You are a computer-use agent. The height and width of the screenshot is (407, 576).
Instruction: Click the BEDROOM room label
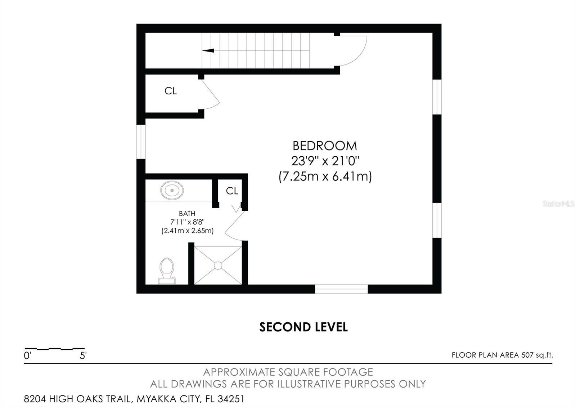click(325, 146)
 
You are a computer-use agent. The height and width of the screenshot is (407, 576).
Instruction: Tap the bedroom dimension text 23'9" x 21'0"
click(325, 161)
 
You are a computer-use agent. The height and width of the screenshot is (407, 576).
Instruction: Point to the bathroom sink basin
click(172, 191)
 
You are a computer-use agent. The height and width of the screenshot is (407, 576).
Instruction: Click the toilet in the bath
click(167, 271)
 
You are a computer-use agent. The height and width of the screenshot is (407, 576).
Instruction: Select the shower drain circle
click(218, 265)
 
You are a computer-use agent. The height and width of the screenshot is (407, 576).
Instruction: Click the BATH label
click(187, 214)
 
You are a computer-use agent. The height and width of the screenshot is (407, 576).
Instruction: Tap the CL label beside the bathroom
click(232, 191)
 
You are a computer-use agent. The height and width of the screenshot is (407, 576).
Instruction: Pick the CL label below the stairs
click(171, 91)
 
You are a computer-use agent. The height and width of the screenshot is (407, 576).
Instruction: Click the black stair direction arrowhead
click(208, 50)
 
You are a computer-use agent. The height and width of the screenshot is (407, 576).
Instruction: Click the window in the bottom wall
click(341, 289)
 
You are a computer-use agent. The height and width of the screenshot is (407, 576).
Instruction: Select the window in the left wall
click(141, 142)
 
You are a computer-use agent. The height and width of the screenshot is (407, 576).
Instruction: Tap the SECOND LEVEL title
click(303, 327)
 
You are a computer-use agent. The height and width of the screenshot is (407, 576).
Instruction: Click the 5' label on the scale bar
click(83, 355)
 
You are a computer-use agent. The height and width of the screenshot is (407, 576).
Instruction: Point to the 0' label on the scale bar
click(27, 355)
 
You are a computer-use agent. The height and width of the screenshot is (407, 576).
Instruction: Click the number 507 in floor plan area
click(527, 355)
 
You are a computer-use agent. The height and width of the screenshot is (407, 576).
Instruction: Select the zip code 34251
click(231, 399)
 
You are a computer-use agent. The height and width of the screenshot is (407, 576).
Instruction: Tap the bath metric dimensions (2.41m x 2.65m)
click(188, 231)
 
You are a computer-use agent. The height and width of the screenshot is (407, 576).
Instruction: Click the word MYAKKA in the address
click(156, 399)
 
